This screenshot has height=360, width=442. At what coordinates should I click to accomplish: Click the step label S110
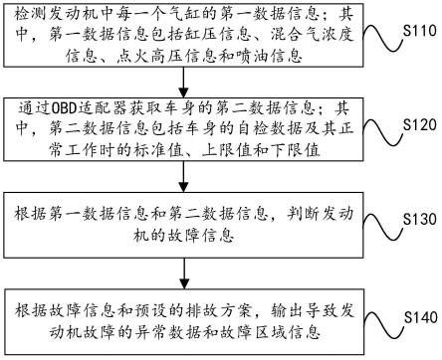pos(414,31)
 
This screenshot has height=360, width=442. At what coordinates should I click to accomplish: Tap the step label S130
pos(414,217)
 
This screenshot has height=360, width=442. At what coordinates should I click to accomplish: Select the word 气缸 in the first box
pos(208,13)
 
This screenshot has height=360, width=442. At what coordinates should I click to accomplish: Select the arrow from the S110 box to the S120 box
pos(183,88)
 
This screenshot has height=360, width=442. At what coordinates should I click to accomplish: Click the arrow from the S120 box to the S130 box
pos(183,183)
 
